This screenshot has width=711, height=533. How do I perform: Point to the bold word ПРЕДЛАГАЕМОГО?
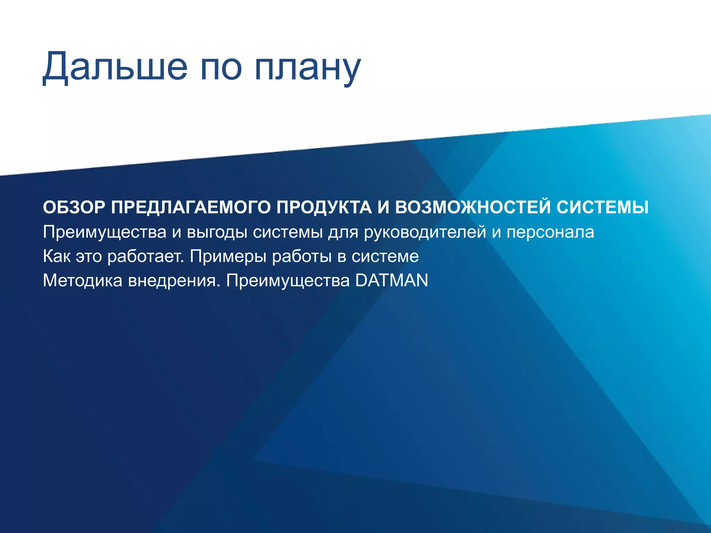tap(191, 208)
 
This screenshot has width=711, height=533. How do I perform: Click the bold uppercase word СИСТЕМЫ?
tap(602, 208)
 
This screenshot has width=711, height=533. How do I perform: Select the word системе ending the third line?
tap(385, 256)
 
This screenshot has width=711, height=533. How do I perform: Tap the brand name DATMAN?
tap(392, 280)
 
